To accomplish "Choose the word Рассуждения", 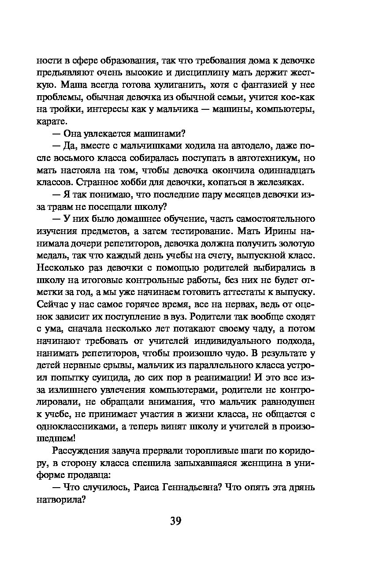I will coord(79,450).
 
